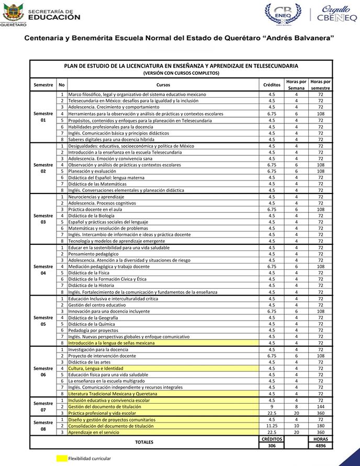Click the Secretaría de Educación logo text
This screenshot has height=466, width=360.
54,15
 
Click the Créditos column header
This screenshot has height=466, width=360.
272,84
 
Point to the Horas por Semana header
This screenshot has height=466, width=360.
296,84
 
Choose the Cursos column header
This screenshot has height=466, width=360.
163,84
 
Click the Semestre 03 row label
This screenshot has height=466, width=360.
43,218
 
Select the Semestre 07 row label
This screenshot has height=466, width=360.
43,406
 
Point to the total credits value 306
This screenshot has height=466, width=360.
272,446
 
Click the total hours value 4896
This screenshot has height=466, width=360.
320,446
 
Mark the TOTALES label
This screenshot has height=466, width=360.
144,442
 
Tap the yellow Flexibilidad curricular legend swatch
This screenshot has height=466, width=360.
62,459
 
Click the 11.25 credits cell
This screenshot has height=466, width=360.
272,426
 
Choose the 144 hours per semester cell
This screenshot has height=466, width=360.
320,406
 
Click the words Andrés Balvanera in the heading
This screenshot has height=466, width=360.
296,38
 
